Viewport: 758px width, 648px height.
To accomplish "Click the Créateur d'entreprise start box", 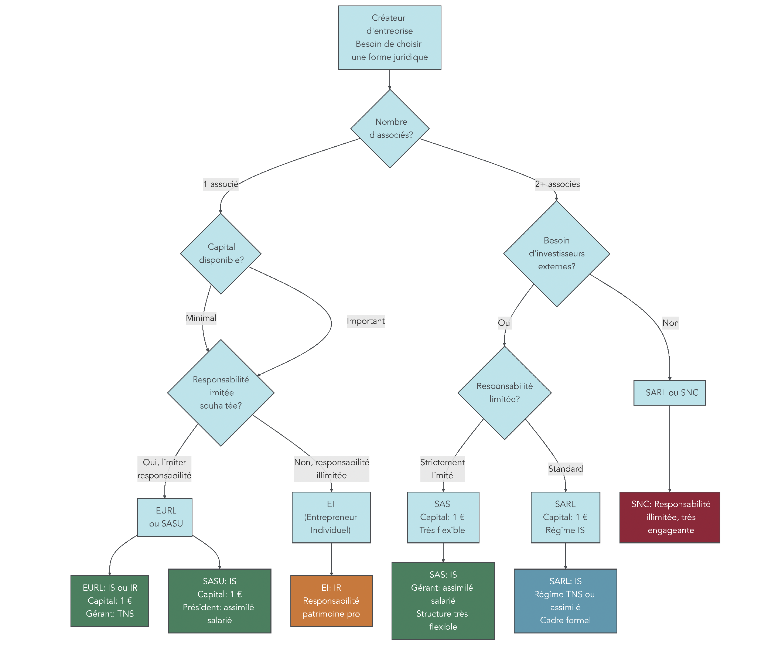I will (389, 38).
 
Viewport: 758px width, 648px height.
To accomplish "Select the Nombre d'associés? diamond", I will (390, 129).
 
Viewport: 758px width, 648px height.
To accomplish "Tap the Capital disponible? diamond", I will (221, 253).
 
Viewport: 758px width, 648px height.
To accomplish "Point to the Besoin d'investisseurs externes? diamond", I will (556, 253).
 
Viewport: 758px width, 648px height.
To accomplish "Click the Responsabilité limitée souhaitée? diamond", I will (221, 393).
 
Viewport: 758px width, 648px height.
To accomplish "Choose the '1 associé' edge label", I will (221, 184).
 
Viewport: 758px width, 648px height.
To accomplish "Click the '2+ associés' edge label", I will (557, 184).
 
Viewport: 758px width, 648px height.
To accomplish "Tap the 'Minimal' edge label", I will (201, 318).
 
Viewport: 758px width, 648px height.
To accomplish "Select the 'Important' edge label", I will (365, 321).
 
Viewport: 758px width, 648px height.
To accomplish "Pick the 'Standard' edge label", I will (565, 469).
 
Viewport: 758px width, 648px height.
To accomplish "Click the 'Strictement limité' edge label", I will (442, 469).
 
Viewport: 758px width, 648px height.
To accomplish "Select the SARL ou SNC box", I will (669, 393).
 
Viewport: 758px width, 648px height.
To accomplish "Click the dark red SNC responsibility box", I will (669, 517).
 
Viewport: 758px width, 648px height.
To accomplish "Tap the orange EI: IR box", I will (331, 601).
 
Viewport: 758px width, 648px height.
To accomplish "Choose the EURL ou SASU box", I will (165, 517).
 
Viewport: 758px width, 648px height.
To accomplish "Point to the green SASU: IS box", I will (219, 601).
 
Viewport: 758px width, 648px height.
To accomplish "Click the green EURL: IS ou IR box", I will (110, 601).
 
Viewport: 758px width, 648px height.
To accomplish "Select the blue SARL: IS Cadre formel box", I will (565, 601).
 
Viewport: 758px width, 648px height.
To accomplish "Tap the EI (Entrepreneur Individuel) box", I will (331, 517).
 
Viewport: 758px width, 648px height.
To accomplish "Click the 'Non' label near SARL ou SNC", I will (670, 323).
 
